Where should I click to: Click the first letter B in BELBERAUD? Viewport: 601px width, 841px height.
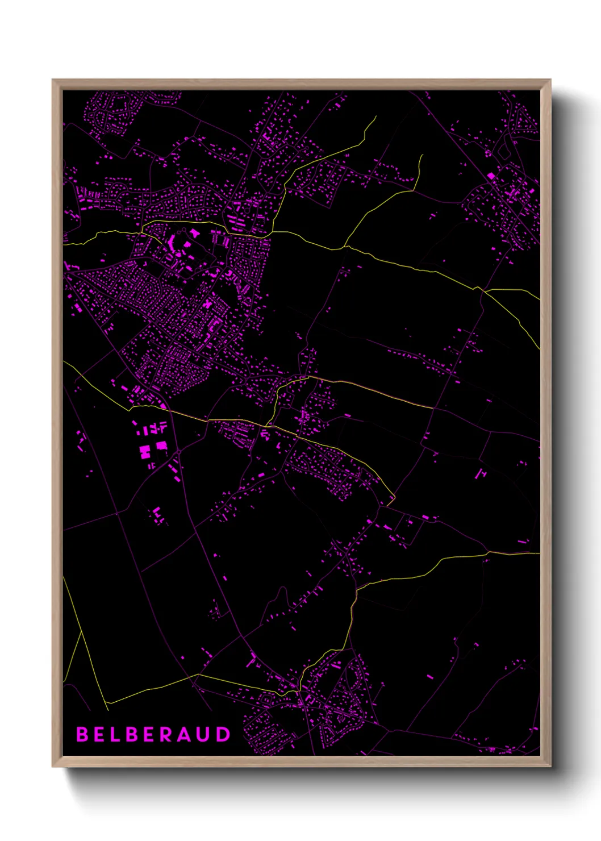point(82,734)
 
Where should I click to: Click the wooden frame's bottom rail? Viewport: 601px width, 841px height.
point(301,761)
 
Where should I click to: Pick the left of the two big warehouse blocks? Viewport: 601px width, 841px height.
point(145,452)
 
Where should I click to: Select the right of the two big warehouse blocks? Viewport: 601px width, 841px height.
point(162,446)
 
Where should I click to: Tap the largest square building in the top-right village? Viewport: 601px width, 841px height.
point(492,177)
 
